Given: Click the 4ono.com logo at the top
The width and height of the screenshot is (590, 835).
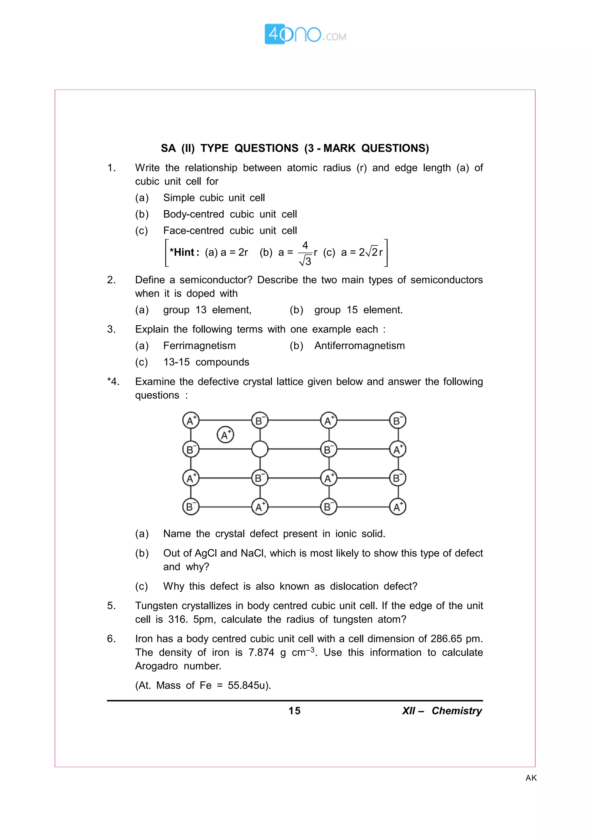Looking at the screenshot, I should (305, 35).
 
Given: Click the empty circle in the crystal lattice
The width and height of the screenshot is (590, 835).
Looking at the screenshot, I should (260, 449).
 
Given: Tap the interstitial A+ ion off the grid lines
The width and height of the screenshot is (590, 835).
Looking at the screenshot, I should (225, 434).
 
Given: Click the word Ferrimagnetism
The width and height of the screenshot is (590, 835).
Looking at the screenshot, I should (199, 345).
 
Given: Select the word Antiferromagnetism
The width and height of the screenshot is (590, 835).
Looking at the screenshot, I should (359, 345).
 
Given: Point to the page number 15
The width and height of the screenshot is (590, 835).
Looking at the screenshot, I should (294, 711).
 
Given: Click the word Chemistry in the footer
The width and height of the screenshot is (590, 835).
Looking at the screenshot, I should (457, 711).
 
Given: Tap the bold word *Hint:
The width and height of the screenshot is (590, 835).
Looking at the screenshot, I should (184, 252).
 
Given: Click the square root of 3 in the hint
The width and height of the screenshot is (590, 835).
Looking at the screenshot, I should (305, 261).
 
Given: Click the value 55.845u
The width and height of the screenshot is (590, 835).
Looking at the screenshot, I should (249, 685).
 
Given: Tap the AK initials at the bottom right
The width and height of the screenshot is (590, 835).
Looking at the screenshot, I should (531, 778).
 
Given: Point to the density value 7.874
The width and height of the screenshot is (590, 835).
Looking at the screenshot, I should (261, 652).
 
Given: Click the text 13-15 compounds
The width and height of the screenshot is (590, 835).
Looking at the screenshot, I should (206, 362).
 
